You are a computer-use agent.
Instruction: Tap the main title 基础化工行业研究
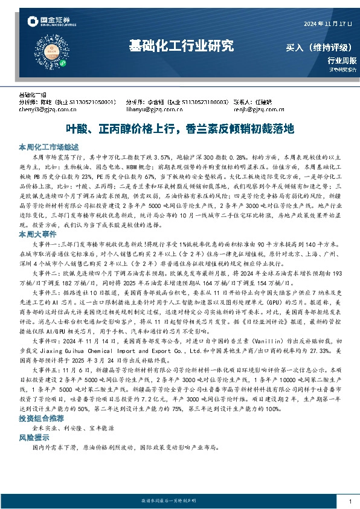pos(181,46)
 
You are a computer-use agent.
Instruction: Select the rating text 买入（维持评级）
pos(321,47)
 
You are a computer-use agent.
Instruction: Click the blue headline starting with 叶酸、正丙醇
pos(179,129)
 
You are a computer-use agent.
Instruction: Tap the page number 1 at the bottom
pos(350,502)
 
